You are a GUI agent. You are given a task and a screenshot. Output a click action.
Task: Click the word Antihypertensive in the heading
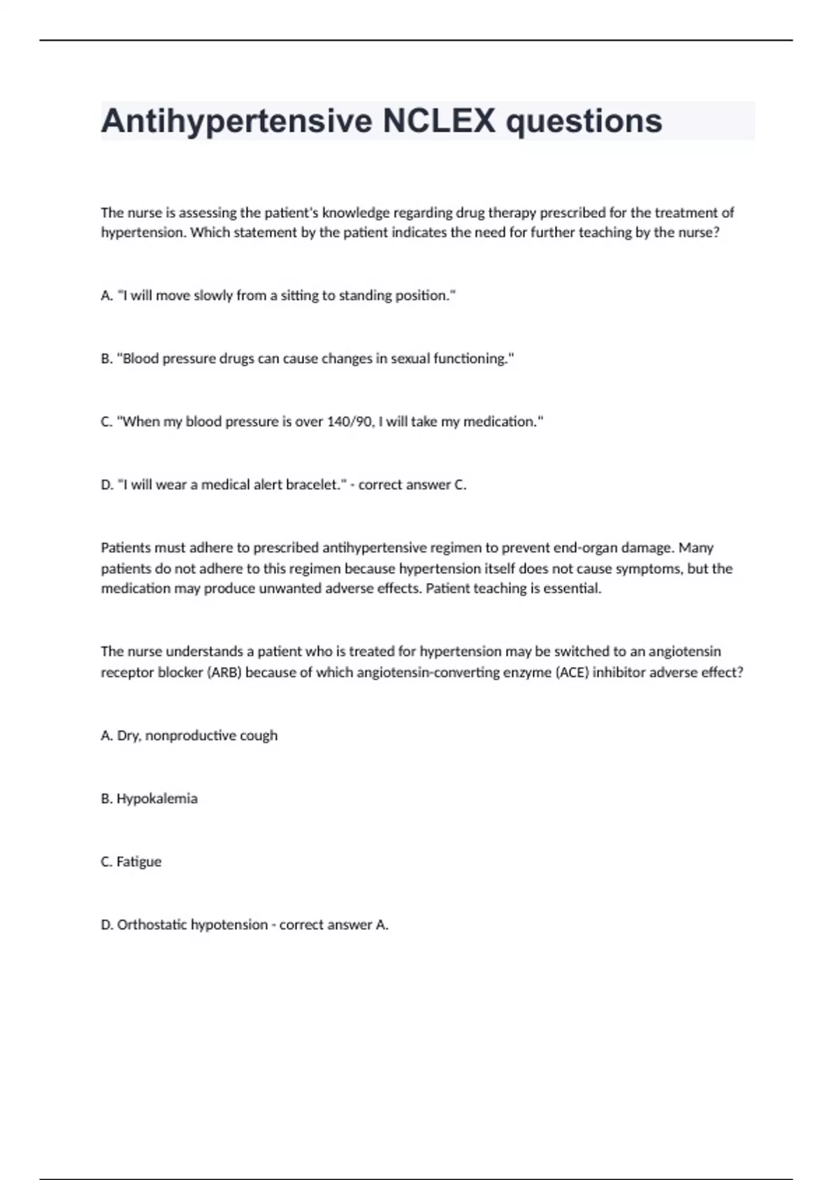pyautogui.click(x=236, y=121)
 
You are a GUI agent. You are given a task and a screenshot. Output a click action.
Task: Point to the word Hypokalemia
pyautogui.click(x=157, y=798)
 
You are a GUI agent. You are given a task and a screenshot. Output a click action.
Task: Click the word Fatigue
pyautogui.click(x=139, y=861)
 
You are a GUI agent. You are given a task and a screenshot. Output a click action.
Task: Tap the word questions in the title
pyautogui.click(x=584, y=121)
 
